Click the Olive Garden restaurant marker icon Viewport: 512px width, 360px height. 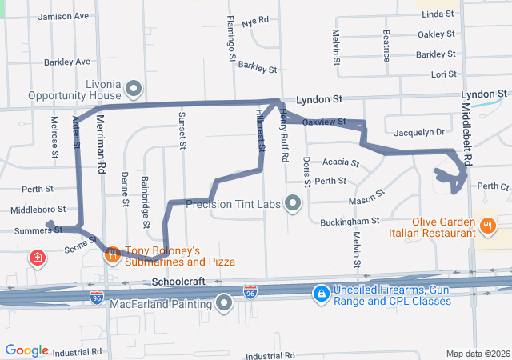[x=487, y=225]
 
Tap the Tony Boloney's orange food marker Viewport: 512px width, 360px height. [x=113, y=254]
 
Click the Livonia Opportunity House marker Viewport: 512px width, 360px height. [x=134, y=88]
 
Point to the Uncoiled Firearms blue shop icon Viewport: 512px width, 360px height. [x=321, y=294]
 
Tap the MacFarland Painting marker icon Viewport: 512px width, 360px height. [x=224, y=302]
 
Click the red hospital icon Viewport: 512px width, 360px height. [x=37, y=258]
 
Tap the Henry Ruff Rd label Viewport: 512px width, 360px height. [x=283, y=136]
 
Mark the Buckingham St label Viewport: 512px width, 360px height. [x=349, y=221]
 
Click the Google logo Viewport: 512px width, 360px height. [x=27, y=350]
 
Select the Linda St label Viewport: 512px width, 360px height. [x=438, y=14]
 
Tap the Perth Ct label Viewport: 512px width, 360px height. [x=493, y=186]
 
